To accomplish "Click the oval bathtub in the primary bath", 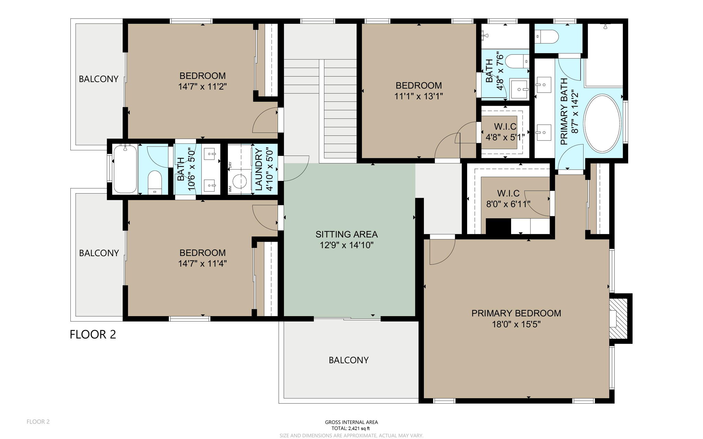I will tap(602, 124).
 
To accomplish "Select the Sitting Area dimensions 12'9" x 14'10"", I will tap(346, 245).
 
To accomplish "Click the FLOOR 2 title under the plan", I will tap(93, 334).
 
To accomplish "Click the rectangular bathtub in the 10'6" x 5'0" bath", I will tap(125, 169).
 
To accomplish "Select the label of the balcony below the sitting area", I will tap(348, 360).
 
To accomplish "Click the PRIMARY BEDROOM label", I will tap(516, 313).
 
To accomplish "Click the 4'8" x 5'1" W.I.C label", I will tap(505, 127).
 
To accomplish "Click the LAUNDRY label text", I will tap(259, 170).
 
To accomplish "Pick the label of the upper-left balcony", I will tap(99, 79).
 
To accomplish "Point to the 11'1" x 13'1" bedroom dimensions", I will tap(418, 96).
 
